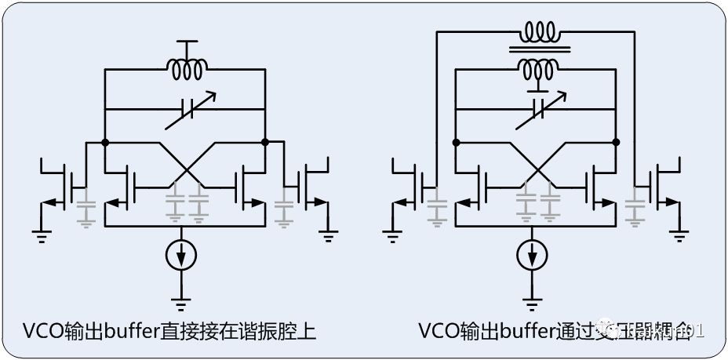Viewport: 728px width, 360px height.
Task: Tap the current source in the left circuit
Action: (x=182, y=255)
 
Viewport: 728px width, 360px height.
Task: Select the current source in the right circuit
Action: (x=533, y=255)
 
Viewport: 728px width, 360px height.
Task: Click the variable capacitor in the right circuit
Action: (x=537, y=111)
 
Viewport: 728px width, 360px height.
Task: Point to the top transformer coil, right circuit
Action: (x=538, y=34)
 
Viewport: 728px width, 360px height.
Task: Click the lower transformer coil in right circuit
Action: (x=538, y=70)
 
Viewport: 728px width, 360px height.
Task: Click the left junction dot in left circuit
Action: (x=104, y=143)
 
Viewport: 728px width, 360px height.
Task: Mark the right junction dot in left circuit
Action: (x=265, y=143)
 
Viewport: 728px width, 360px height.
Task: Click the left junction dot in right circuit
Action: (x=456, y=143)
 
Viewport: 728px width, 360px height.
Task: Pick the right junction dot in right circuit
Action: (x=617, y=143)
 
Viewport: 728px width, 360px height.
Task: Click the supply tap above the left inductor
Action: (x=186, y=43)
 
